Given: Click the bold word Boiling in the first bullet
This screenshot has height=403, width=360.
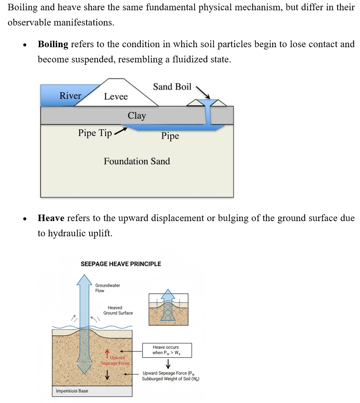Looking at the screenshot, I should pos(53,45).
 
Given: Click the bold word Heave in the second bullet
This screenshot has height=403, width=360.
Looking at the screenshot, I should pos(51,218).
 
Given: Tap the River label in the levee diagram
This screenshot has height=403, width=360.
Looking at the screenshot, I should pos(70,96).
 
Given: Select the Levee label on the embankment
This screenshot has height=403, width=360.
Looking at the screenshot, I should pos(116,97).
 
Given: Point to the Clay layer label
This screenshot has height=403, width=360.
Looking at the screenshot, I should pos(137,116).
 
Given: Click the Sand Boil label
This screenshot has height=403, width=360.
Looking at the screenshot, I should pos(172,87).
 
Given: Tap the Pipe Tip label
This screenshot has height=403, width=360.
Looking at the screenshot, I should pos(95,133).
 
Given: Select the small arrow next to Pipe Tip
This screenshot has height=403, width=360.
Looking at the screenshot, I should pos(120,131).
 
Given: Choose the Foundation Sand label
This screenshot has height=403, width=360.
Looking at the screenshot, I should pos(137,161).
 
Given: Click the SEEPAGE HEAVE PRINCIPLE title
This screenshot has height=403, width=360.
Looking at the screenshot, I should pos(121,264).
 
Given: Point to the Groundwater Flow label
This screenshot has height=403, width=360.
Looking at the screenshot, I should pos(107,288).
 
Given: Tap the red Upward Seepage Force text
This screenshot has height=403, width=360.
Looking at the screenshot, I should pos(115,360).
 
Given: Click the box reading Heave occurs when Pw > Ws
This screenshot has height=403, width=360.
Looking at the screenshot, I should pos(167,350).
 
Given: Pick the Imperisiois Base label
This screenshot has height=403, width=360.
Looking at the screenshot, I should pos(72,391).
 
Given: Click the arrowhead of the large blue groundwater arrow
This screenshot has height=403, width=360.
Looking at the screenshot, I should pos(85,279).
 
